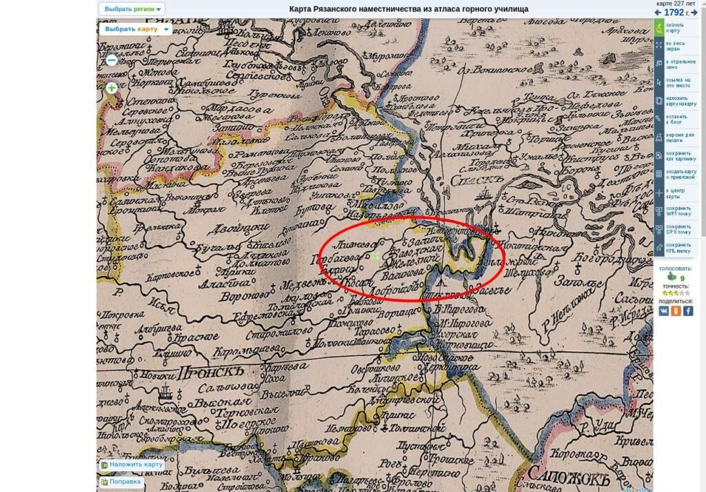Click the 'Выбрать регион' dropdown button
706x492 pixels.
pyautogui.click(x=132, y=9)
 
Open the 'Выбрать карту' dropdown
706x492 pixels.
pyautogui.click(x=135, y=29)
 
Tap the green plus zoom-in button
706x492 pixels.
pyautogui.click(x=112, y=88)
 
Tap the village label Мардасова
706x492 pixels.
pyautogui.click(x=241, y=109)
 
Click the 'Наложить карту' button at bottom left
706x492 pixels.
pyautogui.click(x=132, y=464)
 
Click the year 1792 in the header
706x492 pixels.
pyautogui.click(x=674, y=12)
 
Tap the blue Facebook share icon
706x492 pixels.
pyautogui.click(x=687, y=311)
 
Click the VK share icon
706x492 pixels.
pyautogui.click(x=663, y=311)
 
